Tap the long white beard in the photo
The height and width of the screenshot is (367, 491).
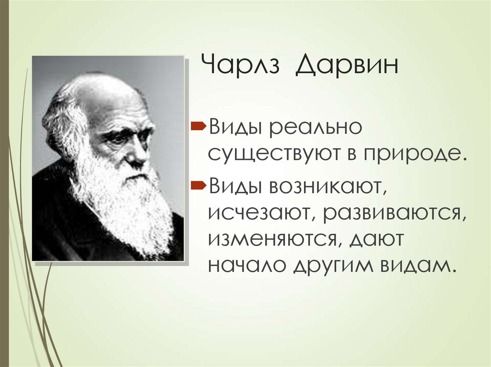129,211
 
